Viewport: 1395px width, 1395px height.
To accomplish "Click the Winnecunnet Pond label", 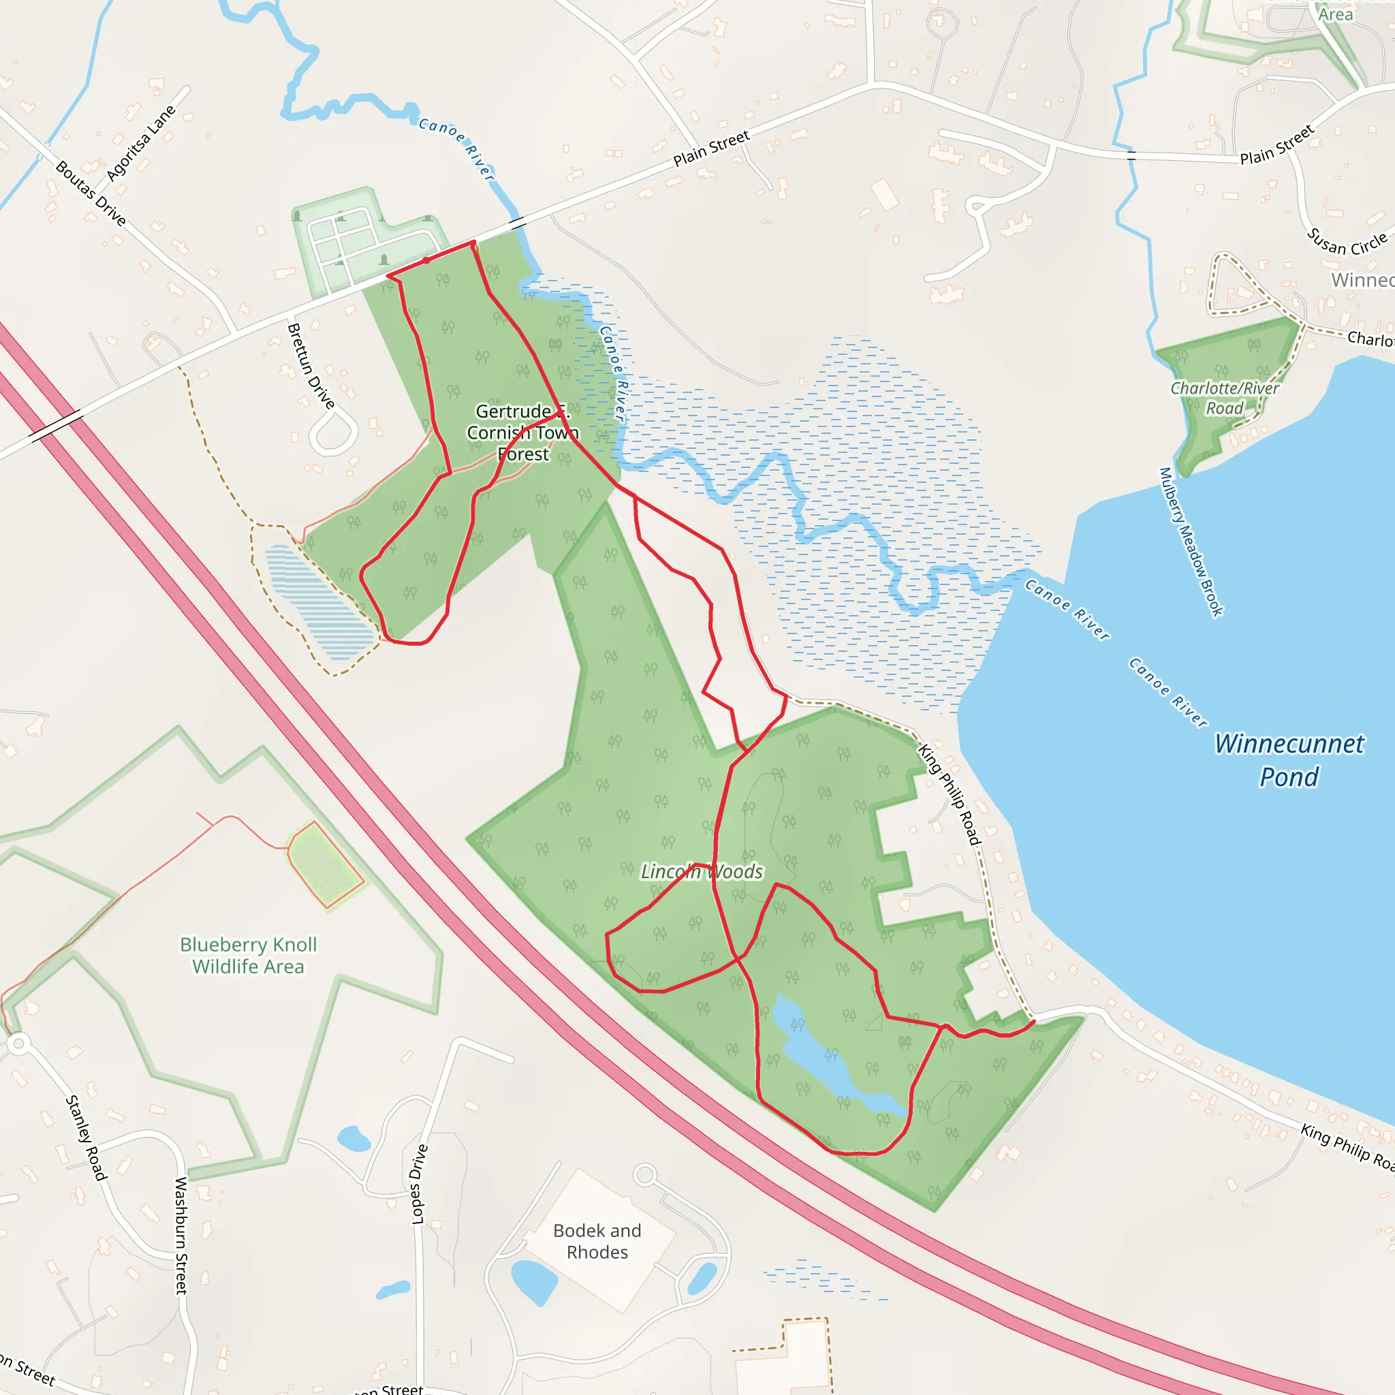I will (1289, 760).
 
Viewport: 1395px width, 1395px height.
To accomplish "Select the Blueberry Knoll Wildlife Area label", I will (249, 955).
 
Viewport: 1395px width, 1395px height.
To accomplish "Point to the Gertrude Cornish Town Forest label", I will (522, 433).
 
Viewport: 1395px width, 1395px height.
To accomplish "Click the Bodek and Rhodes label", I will (597, 1241).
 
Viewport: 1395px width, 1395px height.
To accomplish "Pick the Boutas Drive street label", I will (91, 193).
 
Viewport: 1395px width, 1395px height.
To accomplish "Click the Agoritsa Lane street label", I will (141, 144).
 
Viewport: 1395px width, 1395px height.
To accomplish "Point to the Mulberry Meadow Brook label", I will (1191, 542).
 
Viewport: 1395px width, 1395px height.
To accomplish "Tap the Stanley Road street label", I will (86, 1138).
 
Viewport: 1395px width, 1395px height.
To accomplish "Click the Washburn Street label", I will (181, 1236).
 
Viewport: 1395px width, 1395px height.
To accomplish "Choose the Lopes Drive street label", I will (419, 1184).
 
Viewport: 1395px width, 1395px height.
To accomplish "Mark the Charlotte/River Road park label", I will (1225, 398).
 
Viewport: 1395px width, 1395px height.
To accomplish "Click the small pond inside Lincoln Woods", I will (823, 1054).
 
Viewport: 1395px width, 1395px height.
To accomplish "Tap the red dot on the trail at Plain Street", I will (426, 261).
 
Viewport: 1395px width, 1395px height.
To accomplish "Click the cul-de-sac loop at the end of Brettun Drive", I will (333, 434).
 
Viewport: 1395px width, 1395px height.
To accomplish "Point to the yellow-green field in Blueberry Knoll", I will (324, 864).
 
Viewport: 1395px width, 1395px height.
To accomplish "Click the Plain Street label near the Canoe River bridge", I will (711, 148).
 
